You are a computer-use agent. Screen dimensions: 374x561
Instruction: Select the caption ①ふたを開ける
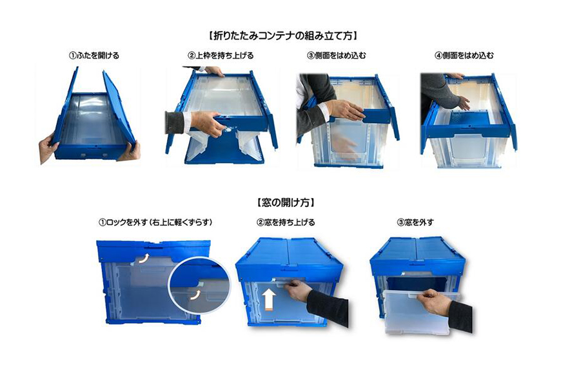tap(94, 56)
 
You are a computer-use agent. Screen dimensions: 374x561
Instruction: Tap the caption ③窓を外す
tap(416, 222)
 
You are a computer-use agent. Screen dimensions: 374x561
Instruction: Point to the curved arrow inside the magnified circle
tap(193, 296)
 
